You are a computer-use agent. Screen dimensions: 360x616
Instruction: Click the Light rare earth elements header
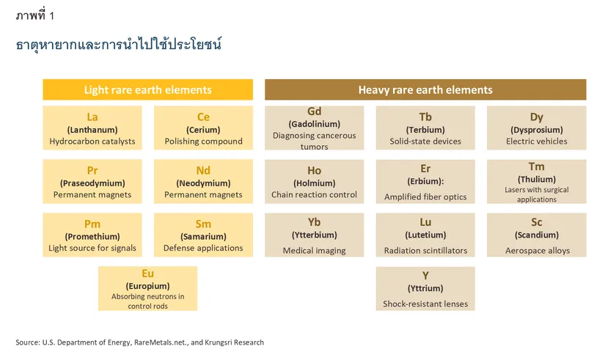pos(147,90)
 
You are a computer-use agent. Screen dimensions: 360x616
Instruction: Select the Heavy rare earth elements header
pos(425,90)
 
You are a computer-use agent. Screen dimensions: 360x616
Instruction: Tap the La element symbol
pos(92,117)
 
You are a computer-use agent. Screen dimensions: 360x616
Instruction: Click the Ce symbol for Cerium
pos(203,117)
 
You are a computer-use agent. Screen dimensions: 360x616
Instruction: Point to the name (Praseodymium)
pos(92,183)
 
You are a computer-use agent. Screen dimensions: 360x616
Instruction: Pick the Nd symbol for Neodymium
pos(203,171)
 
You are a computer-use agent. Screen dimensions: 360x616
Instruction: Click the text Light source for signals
pos(92,249)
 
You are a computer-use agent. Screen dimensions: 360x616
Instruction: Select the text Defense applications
pos(203,249)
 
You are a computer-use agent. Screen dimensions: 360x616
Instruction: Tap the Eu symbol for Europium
pos(147,274)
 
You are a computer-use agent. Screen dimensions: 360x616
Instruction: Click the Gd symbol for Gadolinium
pos(315,111)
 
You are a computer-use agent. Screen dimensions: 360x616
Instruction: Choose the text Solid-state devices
pos(425,142)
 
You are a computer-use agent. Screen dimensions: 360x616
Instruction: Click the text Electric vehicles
pos(537,142)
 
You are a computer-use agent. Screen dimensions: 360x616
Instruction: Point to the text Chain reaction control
pos(315,195)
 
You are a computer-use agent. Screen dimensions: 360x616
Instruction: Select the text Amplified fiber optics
pos(425,197)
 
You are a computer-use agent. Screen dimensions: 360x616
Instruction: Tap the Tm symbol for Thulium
pos(537,167)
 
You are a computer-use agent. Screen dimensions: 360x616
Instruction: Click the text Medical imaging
pos(315,251)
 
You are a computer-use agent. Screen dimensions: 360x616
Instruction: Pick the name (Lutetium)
pos(425,235)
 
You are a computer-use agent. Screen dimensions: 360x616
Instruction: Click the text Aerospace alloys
pos(537,251)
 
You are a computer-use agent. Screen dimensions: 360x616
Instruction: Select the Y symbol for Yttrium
pos(425,275)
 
